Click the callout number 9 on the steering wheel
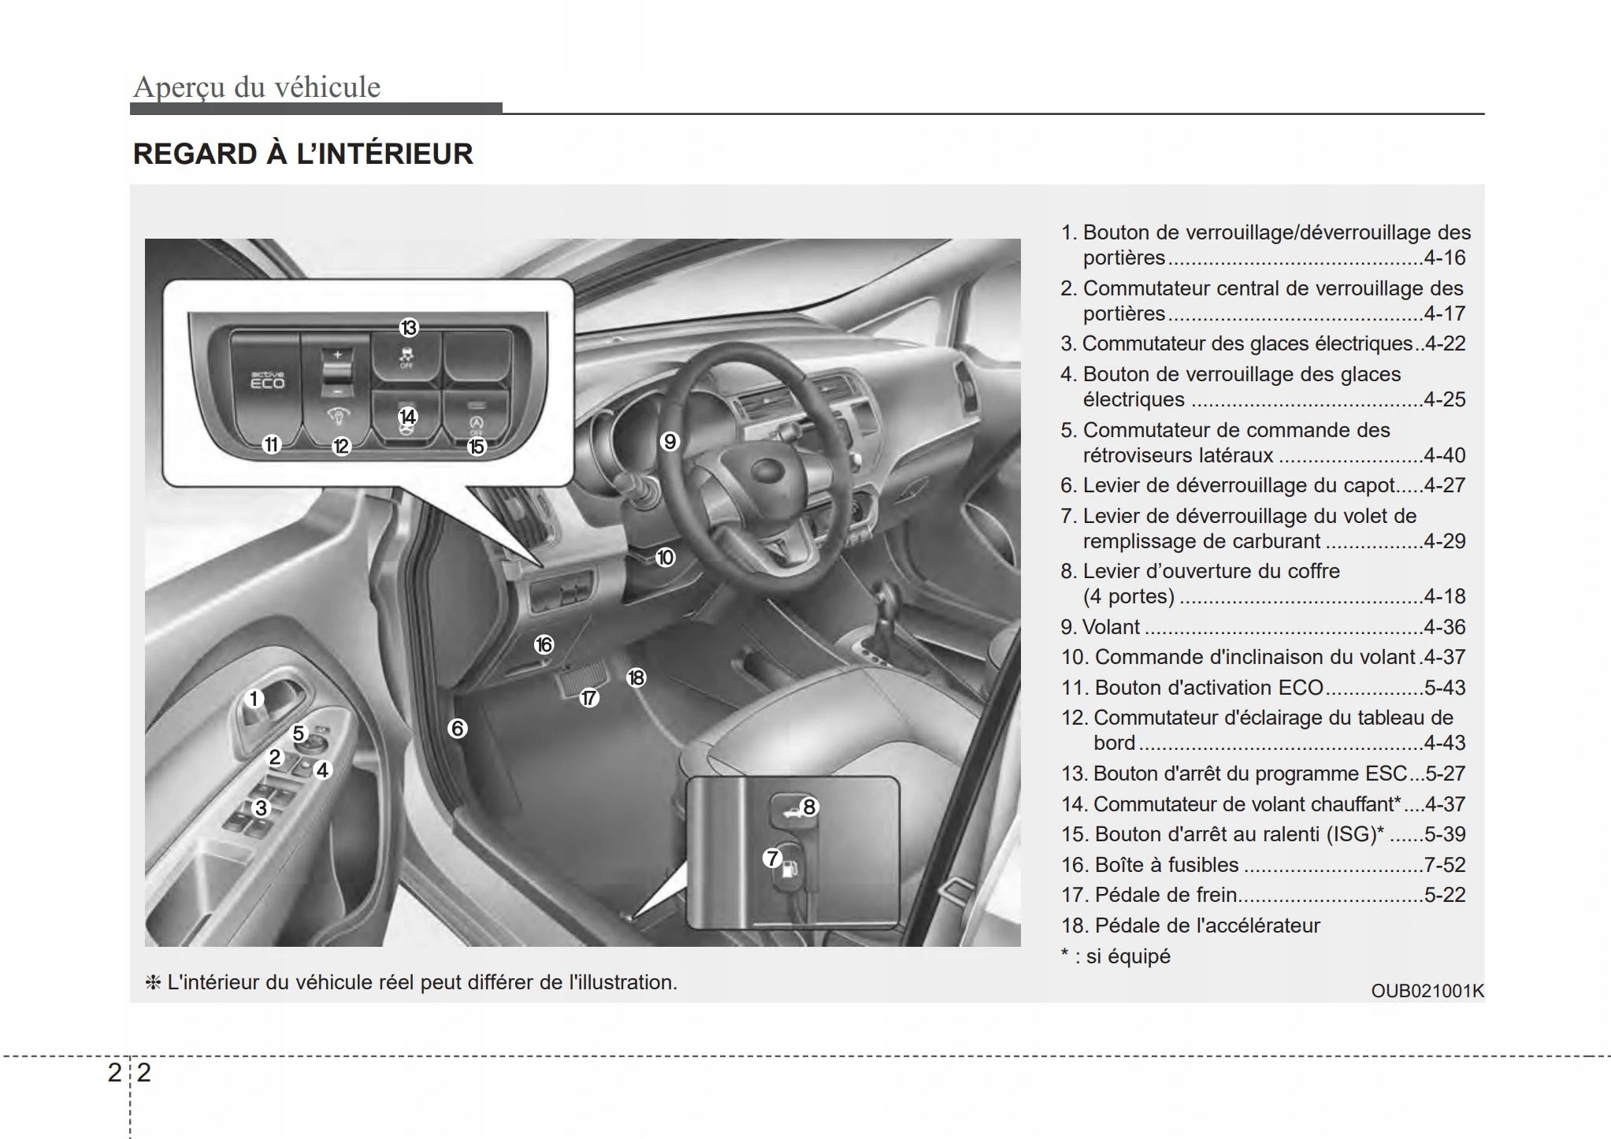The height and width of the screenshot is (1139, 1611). (670, 441)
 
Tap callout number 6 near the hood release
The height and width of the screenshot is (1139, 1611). (458, 728)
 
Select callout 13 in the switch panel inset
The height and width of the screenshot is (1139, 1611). (408, 328)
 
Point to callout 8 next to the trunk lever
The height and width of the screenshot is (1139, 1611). (809, 807)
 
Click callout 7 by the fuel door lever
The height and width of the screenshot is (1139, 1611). (772, 859)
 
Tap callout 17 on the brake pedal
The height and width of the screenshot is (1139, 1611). (589, 698)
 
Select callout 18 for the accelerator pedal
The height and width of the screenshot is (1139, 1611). (637, 677)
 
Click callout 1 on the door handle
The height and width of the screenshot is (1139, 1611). (254, 699)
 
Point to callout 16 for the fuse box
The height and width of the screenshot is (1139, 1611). (544, 645)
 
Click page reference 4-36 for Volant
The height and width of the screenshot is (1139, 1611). (1444, 627)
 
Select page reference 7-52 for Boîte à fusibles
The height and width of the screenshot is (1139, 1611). (1444, 865)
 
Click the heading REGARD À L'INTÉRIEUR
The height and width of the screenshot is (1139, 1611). (303, 154)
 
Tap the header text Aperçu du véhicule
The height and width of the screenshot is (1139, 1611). (257, 87)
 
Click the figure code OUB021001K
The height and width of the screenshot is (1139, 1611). (1427, 991)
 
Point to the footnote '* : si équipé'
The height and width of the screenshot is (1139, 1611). (1115, 956)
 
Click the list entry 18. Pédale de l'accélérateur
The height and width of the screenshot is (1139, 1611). (1190, 926)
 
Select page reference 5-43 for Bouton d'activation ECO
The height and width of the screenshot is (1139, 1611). (1444, 688)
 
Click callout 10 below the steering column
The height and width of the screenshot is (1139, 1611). (666, 558)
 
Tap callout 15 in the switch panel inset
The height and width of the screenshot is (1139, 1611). (477, 447)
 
